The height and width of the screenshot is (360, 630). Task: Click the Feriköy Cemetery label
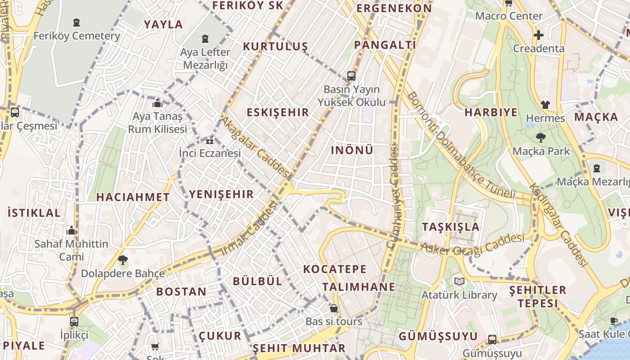(76, 36)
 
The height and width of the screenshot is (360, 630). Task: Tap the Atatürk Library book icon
(459, 282)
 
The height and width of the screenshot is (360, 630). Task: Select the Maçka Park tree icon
(540, 138)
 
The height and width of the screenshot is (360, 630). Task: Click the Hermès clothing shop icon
(545, 105)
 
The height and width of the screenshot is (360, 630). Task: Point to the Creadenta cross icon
(538, 35)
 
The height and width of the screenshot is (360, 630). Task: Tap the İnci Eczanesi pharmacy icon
(209, 141)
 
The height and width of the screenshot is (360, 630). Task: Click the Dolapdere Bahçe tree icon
(122, 260)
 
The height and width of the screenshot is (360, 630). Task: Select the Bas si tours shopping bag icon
(333, 308)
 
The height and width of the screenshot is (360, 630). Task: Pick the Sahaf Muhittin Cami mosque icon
(72, 231)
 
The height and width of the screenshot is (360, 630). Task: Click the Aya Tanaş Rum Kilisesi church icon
(157, 103)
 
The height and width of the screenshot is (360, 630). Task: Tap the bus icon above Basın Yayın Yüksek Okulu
(351, 76)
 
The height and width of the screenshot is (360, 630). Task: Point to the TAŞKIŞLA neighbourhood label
(450, 227)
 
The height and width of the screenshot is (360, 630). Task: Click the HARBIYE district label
(491, 112)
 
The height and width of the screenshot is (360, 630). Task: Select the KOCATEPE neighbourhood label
(335, 269)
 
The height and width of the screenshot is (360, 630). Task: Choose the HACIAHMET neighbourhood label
(133, 197)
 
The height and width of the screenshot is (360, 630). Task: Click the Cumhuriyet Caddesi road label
(394, 196)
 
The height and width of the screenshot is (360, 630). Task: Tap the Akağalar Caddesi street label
(255, 147)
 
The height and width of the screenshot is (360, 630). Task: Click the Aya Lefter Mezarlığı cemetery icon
(206, 39)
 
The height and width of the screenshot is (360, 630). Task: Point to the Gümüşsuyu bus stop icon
(492, 340)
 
